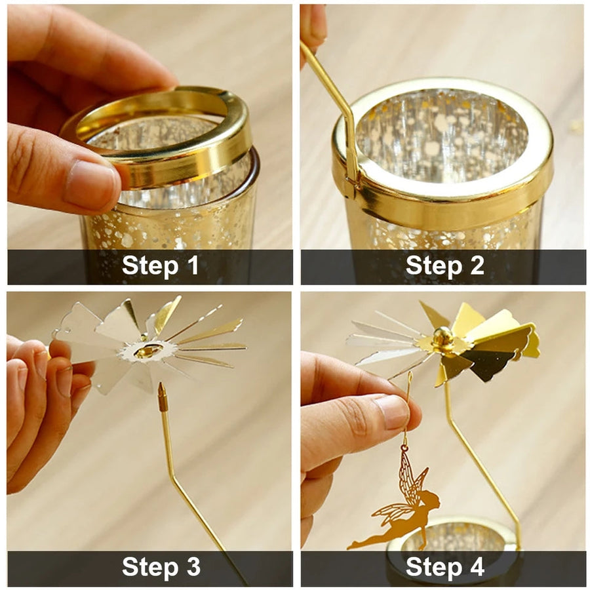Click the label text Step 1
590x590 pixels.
pyautogui.click(x=161, y=265)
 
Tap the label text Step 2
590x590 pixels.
pyautogui.click(x=444, y=265)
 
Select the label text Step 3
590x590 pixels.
pyautogui.click(x=161, y=566)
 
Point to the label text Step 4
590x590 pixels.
pyautogui.click(x=444, y=566)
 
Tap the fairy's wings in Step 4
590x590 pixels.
pyautogui.click(x=408, y=485)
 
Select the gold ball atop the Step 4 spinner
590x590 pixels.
pyautogui.click(x=442, y=336)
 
